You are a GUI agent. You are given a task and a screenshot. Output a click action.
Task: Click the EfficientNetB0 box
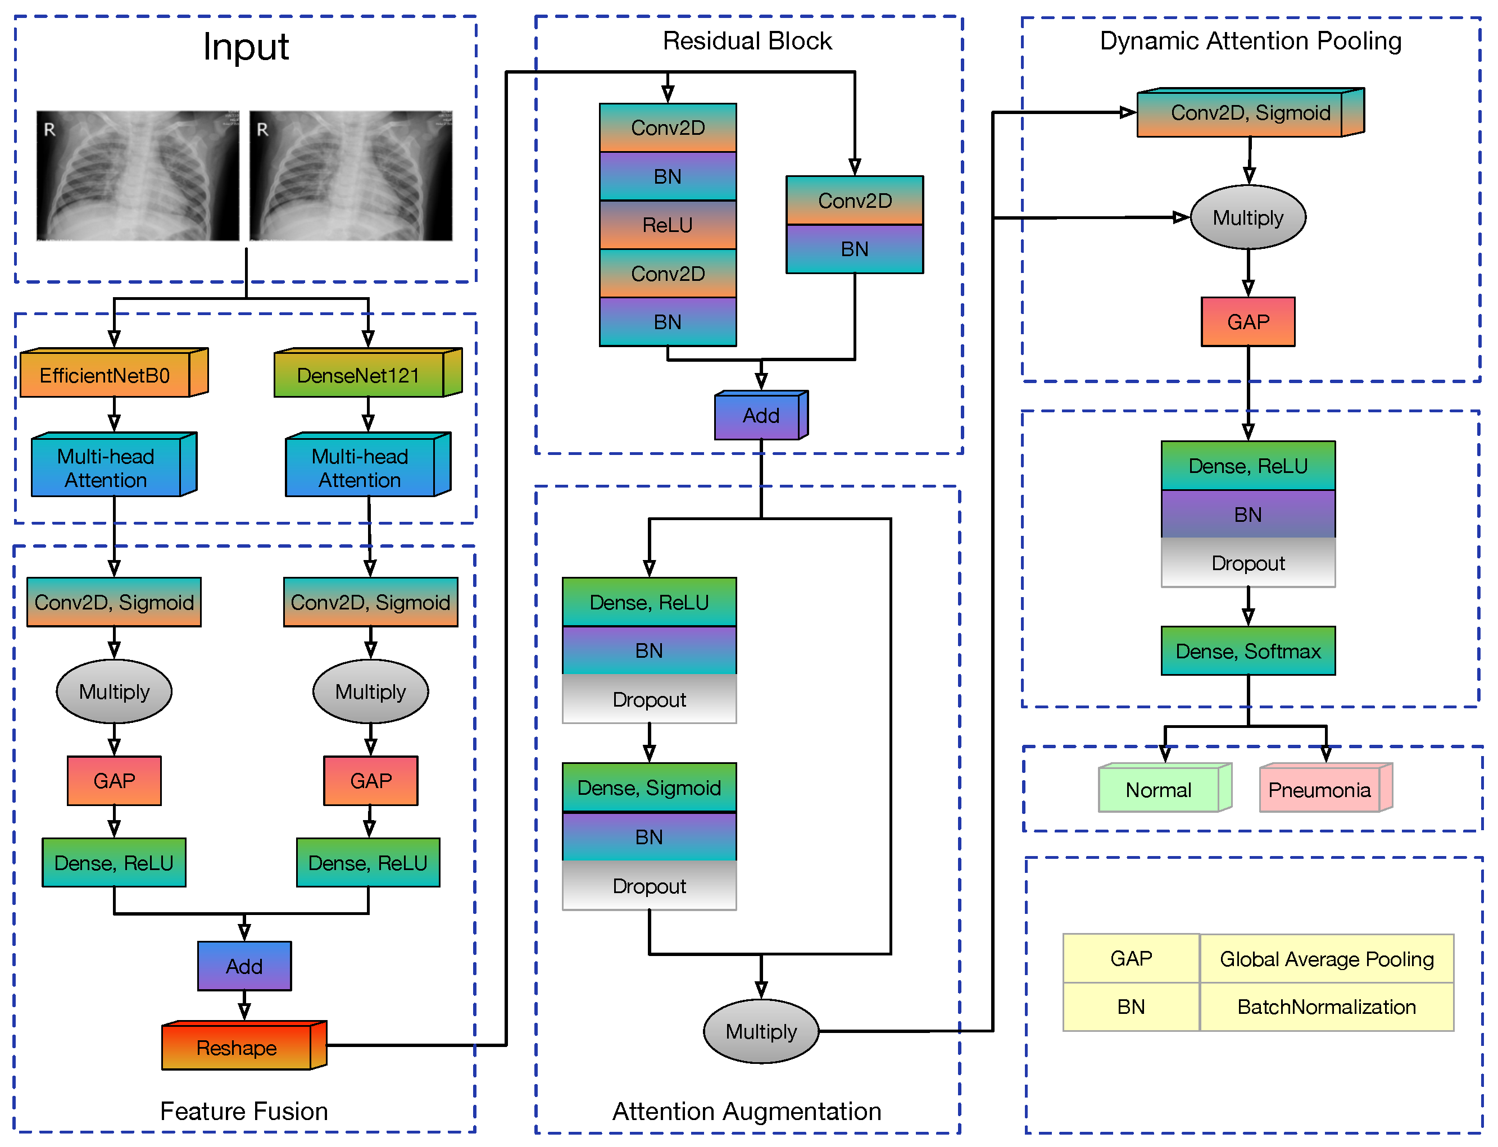(x=106, y=374)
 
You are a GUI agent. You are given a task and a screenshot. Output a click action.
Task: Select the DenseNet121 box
(x=359, y=374)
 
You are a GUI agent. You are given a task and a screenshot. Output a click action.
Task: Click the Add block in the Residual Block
(x=760, y=416)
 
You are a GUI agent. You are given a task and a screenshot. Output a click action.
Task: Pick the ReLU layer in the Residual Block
(x=667, y=225)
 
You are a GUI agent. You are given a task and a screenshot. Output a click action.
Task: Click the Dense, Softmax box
(x=1247, y=650)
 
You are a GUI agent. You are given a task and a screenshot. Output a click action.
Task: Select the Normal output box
(x=1158, y=789)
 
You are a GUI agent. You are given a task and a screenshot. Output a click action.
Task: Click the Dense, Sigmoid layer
(x=648, y=787)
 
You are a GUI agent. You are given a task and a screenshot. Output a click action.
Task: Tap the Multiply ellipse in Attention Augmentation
(x=761, y=1031)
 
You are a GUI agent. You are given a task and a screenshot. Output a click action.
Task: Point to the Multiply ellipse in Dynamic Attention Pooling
(x=1247, y=217)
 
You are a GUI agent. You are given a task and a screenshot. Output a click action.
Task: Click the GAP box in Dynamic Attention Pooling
(x=1247, y=321)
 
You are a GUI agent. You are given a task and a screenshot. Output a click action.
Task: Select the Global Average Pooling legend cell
(x=1326, y=959)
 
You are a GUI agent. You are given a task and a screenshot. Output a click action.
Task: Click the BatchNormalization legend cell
(x=1326, y=1007)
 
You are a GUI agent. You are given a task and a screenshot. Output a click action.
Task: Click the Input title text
(x=246, y=47)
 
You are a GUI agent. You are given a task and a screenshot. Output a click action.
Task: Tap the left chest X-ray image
(x=137, y=175)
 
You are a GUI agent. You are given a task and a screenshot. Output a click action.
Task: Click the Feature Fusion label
(x=244, y=1111)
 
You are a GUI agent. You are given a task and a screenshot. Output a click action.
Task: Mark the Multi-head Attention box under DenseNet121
(x=360, y=468)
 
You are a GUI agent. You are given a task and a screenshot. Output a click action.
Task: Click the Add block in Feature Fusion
(x=244, y=966)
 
